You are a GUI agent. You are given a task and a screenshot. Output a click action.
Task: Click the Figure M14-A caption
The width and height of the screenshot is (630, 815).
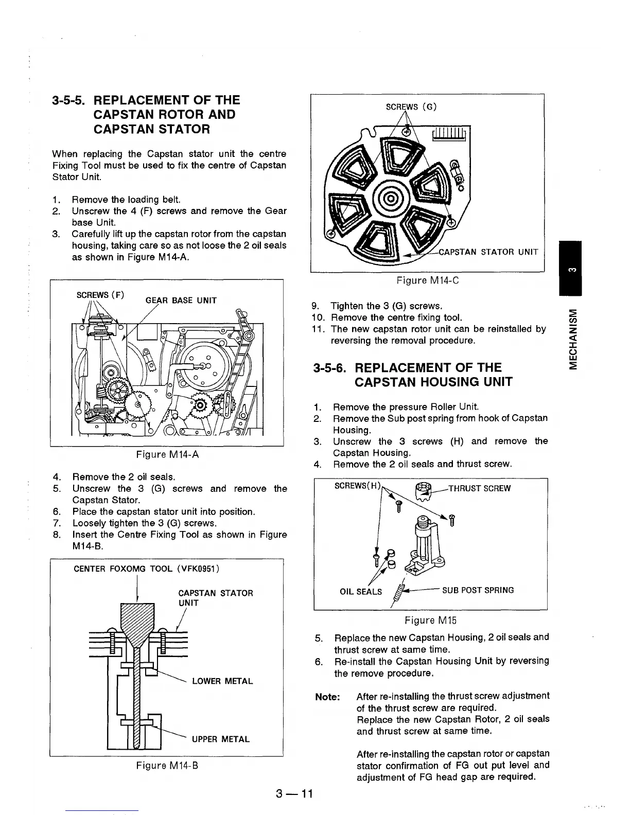coord(167,454)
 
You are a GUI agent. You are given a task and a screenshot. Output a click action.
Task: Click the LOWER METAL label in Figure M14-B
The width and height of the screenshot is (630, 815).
coord(222,681)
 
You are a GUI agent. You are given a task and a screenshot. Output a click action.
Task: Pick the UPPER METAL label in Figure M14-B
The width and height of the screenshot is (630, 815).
coord(221,739)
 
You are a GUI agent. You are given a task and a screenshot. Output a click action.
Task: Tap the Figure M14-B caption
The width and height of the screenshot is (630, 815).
coord(167,766)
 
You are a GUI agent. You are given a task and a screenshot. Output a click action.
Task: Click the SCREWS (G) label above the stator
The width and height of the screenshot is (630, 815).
coord(411,107)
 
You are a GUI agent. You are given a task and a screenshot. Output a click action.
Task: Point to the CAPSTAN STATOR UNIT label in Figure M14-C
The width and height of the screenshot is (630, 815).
coord(488,252)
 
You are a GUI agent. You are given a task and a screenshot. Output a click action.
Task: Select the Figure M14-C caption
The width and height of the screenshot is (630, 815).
coord(427,280)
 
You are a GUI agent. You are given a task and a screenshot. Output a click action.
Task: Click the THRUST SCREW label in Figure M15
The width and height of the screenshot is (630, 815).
coord(480,488)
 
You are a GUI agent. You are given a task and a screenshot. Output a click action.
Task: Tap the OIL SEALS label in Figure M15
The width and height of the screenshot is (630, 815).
coord(361,592)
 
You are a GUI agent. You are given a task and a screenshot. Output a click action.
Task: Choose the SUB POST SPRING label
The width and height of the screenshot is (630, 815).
coord(478,590)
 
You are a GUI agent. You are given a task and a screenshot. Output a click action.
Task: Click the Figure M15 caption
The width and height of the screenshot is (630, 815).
coord(431,620)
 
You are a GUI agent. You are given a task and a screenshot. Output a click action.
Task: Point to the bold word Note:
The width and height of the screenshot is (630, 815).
coord(327,697)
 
